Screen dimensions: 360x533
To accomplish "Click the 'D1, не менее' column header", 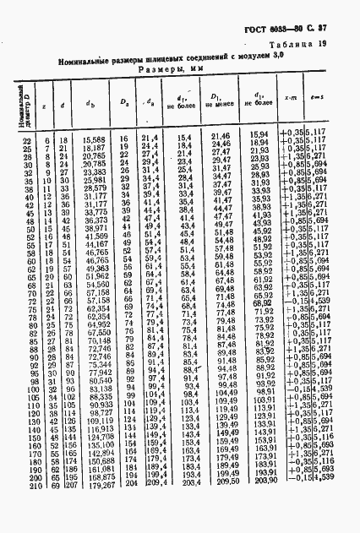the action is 222,106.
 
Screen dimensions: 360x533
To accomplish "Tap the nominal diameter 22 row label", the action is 25,139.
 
